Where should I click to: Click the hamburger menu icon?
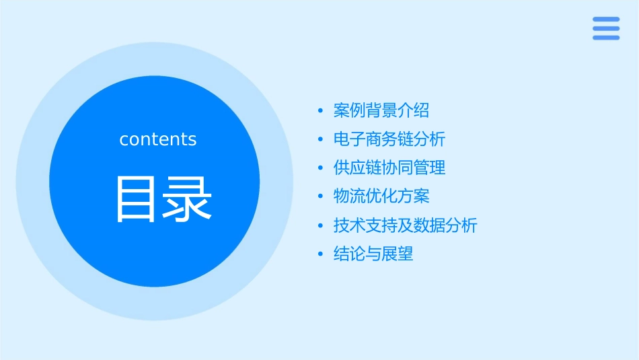pos(605,28)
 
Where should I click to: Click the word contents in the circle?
pos(158,139)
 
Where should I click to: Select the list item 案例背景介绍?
pos(381,110)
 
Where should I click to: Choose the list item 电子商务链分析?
pos(389,139)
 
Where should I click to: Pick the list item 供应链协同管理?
pos(389,168)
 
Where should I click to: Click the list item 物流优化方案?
pos(381,196)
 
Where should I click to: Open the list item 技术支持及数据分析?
pos(405,225)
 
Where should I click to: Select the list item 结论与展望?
pos(373,254)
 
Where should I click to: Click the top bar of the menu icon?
pos(605,20)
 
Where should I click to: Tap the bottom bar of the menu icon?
pos(605,37)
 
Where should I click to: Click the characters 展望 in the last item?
pos(398,254)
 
